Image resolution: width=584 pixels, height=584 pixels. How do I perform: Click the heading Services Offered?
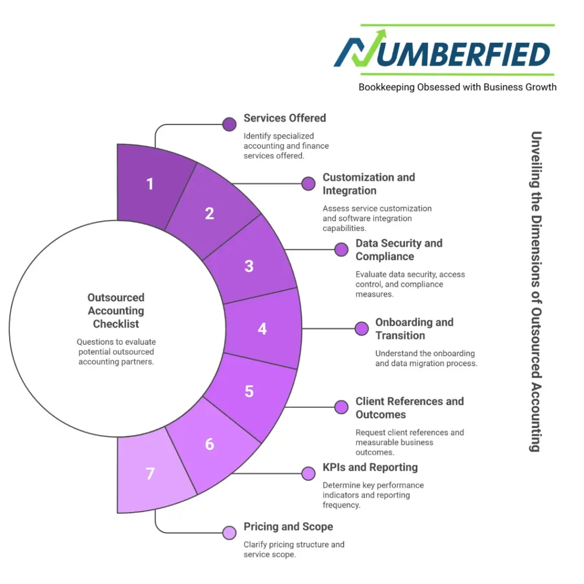click(x=285, y=118)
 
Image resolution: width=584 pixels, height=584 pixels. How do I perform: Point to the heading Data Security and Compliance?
click(x=399, y=250)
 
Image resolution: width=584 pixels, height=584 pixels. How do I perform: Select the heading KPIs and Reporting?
click(x=370, y=467)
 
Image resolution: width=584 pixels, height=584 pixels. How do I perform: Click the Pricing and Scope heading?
click(x=288, y=526)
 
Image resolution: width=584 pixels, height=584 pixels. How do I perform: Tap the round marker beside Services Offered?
click(x=229, y=124)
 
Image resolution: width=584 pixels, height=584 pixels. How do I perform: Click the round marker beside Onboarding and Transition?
click(x=361, y=328)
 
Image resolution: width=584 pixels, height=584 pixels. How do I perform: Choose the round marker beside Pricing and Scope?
click(x=229, y=533)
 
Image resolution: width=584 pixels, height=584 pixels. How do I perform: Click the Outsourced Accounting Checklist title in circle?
click(x=116, y=311)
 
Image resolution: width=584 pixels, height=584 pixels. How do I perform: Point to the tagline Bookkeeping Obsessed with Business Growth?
click(x=457, y=87)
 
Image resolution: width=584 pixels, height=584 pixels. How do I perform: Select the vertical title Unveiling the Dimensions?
click(x=536, y=291)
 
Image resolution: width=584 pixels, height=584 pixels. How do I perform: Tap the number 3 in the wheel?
click(x=249, y=266)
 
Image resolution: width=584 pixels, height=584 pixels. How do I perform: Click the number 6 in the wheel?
click(x=209, y=444)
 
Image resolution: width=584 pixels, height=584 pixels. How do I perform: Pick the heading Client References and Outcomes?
click(x=409, y=408)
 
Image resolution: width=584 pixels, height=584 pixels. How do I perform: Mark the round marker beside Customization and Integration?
click(x=309, y=184)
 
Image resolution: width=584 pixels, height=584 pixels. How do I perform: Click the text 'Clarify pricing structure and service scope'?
click(x=294, y=549)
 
